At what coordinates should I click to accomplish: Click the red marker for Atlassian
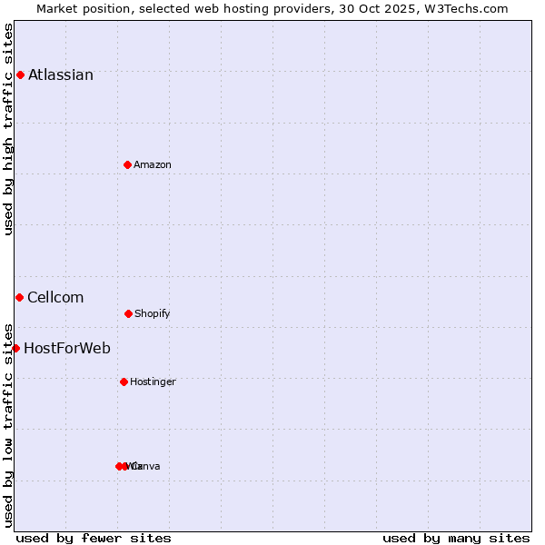[x=20, y=74]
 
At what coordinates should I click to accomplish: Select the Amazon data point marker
[x=127, y=164]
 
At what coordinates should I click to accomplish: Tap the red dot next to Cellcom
[x=19, y=297]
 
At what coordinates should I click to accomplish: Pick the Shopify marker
[x=128, y=313]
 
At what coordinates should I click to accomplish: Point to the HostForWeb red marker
[x=15, y=348]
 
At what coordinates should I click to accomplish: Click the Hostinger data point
[x=124, y=381]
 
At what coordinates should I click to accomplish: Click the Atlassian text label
[x=61, y=74]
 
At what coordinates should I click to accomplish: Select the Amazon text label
[x=153, y=164]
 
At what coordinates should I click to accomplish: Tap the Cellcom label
[x=55, y=297]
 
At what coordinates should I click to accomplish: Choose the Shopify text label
[x=153, y=313]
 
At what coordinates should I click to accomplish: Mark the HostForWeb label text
[x=67, y=348]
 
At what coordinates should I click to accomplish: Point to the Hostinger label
[x=153, y=381]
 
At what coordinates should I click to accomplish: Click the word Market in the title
[x=58, y=8]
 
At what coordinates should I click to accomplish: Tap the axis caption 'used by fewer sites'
[x=94, y=538]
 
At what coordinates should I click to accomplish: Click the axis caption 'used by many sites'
[x=456, y=538]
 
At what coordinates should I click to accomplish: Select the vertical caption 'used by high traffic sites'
[x=8, y=129]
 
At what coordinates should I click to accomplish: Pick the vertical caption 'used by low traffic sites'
[x=8, y=424]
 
